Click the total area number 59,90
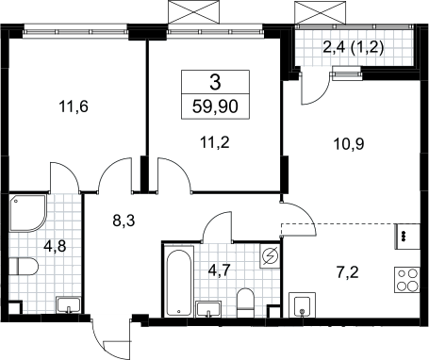(215, 106)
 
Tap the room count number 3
(215, 82)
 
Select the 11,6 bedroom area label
(74, 106)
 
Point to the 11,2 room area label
(215, 143)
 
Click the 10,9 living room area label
(349, 144)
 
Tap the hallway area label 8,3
(124, 221)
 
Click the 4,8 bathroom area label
(55, 246)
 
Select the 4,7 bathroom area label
(220, 270)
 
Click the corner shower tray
(27, 213)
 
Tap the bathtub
(178, 281)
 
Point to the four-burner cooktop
(407, 280)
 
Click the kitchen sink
(302, 305)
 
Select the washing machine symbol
(270, 256)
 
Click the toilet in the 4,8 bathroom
(24, 267)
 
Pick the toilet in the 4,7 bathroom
(245, 303)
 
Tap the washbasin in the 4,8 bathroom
(68, 305)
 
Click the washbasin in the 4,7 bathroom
(208, 309)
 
